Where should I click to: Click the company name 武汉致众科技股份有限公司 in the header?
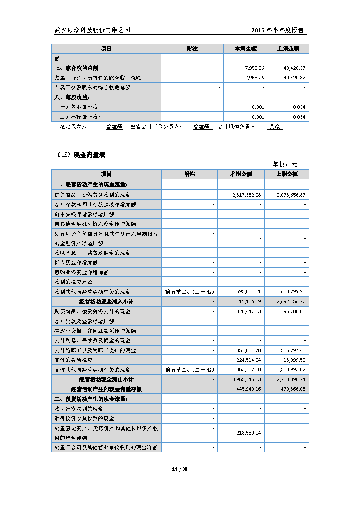point(92,30)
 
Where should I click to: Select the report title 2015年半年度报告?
point(277,30)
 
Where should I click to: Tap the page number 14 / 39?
point(180,469)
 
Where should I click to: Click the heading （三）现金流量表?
point(80,155)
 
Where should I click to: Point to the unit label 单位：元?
point(285,164)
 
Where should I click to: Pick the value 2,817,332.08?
point(246,194)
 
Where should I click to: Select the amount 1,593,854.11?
point(246,291)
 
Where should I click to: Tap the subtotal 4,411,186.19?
point(246,301)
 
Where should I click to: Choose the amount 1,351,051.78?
point(246,350)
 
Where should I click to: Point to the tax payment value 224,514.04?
point(249,360)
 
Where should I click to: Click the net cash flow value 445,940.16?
point(249,389)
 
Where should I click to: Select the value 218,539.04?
point(249,433)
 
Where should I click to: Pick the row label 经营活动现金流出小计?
point(106,379)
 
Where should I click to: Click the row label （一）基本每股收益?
point(79,107)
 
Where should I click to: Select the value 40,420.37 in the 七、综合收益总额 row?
point(294,68)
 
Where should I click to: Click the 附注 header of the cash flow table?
point(190,174)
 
